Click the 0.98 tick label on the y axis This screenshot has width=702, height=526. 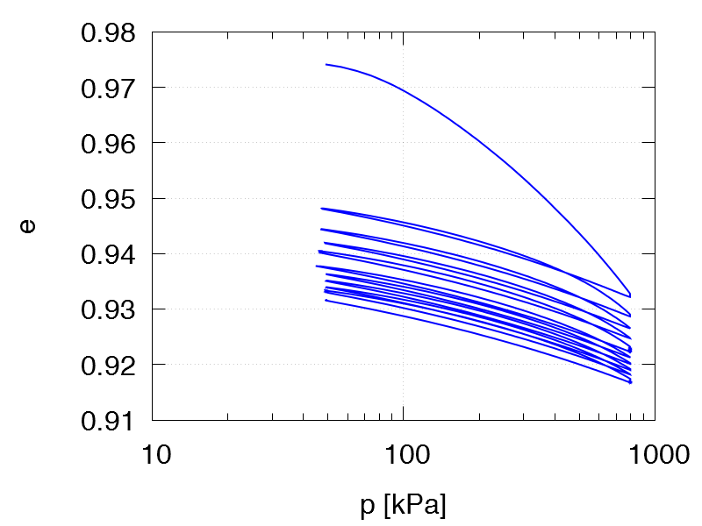108,33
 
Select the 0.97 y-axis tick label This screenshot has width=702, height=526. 108,89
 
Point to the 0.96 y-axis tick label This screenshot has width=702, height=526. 108,144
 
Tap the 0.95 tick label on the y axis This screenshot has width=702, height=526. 108,199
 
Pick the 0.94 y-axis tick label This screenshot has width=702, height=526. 108,254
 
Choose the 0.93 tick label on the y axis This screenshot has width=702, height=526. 108,309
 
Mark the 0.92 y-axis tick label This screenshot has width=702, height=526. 108,365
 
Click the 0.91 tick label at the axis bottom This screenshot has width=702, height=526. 108,420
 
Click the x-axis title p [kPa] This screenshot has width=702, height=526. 403,506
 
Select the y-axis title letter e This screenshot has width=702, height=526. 29,226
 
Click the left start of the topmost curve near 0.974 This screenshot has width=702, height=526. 326,64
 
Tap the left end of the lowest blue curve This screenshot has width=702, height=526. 326,300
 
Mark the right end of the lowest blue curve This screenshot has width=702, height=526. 630,382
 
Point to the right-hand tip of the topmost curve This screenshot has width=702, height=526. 630,295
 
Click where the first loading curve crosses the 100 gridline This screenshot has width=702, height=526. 404,89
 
